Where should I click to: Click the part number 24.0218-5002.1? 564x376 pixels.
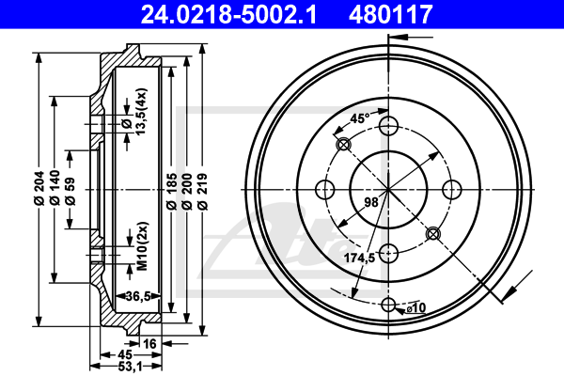228,14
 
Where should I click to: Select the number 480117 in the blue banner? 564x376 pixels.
391,14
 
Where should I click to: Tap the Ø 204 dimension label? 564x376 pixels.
39,188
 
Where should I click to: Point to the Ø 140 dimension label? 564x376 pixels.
55,188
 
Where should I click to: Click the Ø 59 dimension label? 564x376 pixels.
70,192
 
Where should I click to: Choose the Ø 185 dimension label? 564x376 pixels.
172,191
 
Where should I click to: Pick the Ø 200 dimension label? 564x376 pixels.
187,191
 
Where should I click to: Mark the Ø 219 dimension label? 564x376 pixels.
202,191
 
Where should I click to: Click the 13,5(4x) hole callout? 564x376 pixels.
141,112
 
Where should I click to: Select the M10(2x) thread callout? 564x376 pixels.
143,246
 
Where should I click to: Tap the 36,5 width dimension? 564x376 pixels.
138,296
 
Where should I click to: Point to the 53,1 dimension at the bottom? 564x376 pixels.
130,367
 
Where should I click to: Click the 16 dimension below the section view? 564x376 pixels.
149,344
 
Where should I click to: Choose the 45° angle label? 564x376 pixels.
360,118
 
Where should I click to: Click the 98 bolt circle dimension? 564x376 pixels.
371,202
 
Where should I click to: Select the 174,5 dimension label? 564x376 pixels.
359,258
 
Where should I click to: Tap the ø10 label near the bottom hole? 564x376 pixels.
416,308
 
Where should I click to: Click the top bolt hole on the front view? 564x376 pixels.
388,126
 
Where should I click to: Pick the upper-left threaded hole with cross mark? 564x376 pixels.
343,145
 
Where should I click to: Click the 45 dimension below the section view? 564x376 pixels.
125,354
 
